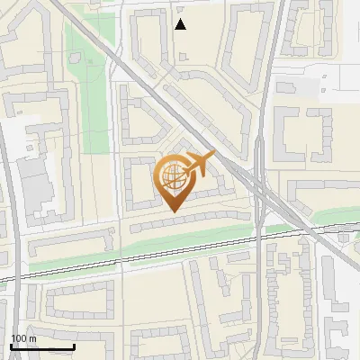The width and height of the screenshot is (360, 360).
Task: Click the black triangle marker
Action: (x=181, y=24)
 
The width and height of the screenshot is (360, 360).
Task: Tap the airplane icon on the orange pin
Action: (x=199, y=164)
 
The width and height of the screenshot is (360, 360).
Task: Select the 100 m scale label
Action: (x=23, y=338)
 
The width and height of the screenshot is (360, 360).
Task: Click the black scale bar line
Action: (x=42, y=346)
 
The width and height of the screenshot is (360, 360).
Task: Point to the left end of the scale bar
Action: (x=11, y=346)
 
